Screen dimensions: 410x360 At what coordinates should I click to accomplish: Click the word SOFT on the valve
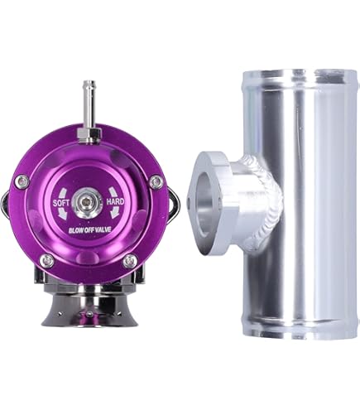[x=61, y=201]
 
